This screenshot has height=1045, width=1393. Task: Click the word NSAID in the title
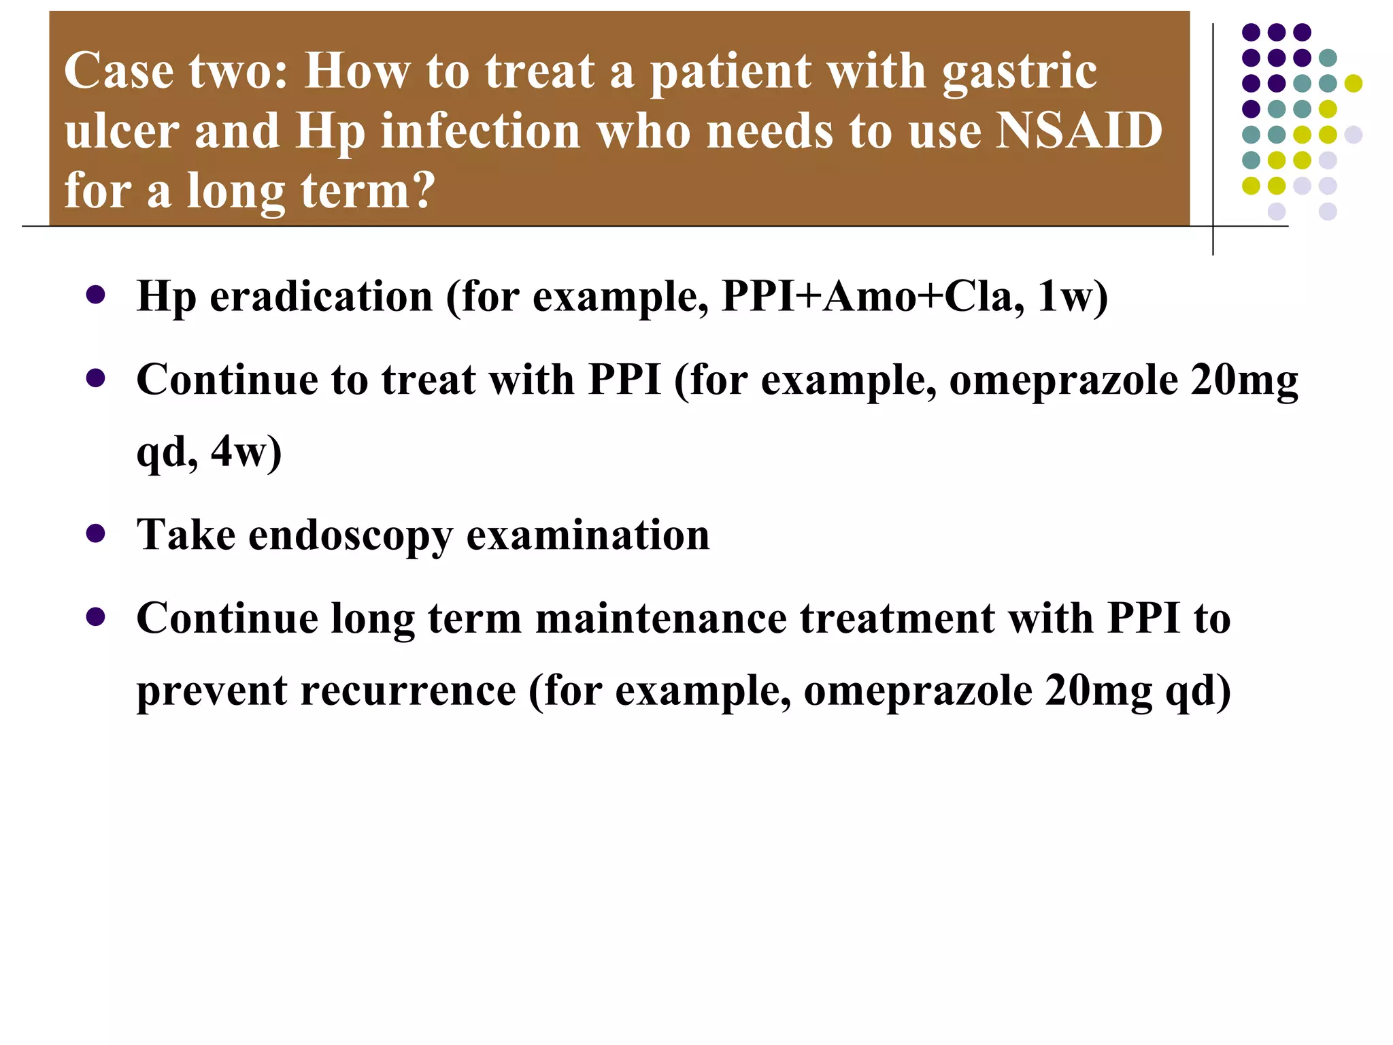(1079, 130)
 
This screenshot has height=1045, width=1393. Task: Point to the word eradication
(321, 297)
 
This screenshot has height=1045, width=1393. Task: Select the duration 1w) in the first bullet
(1073, 297)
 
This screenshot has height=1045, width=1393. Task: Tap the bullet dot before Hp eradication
(96, 295)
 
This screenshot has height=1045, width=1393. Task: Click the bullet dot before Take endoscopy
(96, 533)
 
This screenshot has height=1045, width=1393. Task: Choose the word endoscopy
(350, 535)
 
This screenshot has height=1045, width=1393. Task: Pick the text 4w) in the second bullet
(246, 452)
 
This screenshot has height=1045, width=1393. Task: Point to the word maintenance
(660, 618)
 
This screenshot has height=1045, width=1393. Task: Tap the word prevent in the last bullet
(212, 692)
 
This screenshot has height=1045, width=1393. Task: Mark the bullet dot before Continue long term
(96, 617)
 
